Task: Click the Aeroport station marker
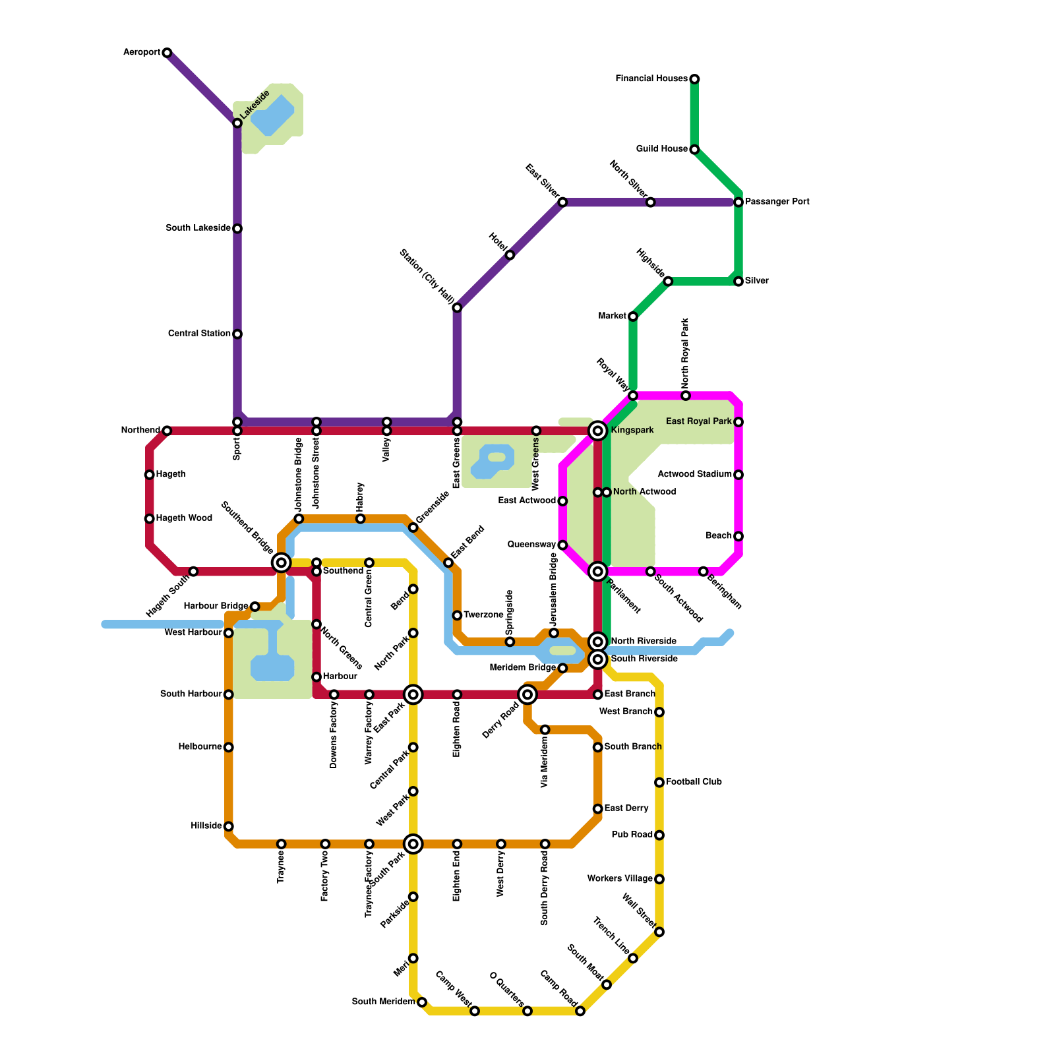point(167,53)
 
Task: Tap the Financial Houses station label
point(651,79)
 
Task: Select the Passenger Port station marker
point(738,202)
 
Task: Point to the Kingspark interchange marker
point(598,431)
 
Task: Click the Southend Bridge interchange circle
point(282,562)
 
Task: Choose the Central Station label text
point(199,334)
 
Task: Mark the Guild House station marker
point(694,150)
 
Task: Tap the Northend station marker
point(167,431)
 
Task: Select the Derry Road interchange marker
point(527,694)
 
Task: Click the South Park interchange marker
point(413,844)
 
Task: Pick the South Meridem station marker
point(422,1002)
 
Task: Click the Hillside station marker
point(229,826)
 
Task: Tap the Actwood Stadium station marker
point(738,475)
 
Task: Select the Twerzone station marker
point(457,615)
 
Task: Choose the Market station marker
point(633,316)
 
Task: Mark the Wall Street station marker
point(659,932)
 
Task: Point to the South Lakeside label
point(198,228)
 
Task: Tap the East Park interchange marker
point(413,694)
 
